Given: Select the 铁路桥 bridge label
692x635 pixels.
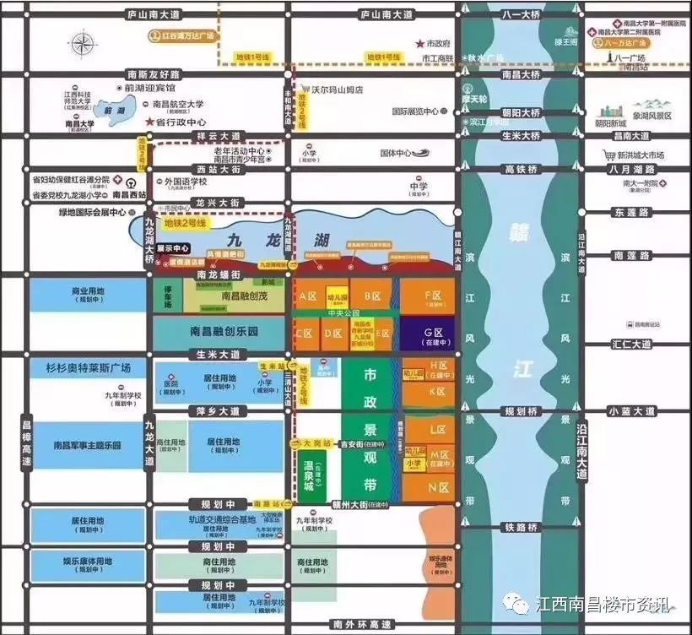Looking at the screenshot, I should pyautogui.click(x=521, y=527).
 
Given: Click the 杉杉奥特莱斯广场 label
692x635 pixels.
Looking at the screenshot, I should pyautogui.click(x=90, y=368).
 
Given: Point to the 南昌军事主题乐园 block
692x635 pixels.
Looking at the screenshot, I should pyautogui.click(x=88, y=445).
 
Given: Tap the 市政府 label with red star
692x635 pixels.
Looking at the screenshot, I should pyautogui.click(x=434, y=42).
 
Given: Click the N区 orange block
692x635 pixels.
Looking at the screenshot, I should pyautogui.click(x=437, y=488).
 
